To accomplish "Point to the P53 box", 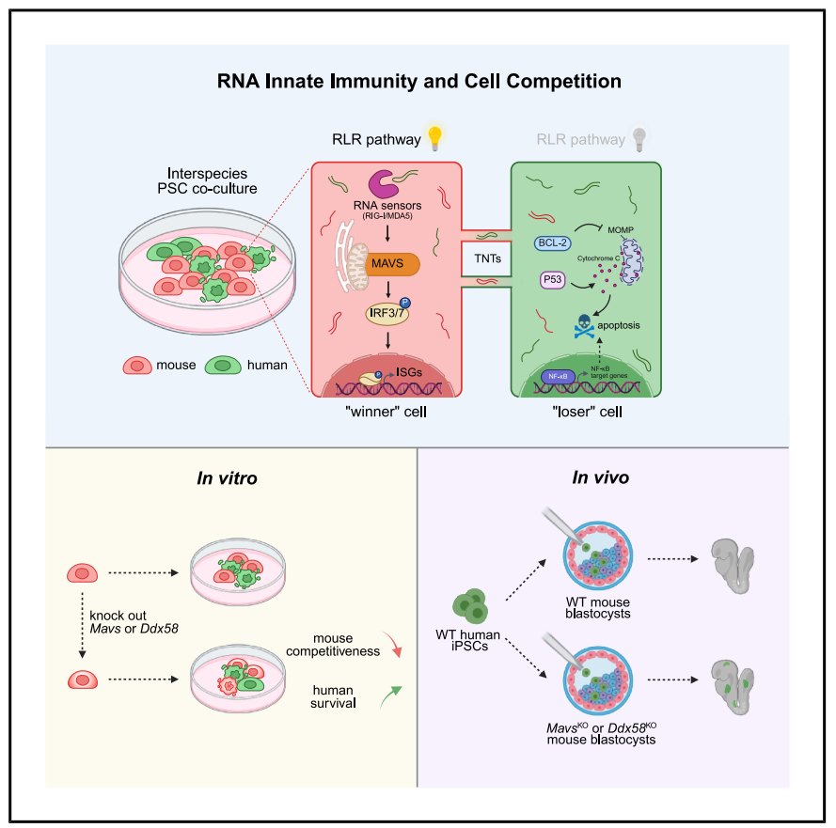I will pyautogui.click(x=555, y=280).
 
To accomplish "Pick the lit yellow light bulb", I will pyautogui.click(x=434, y=138).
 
